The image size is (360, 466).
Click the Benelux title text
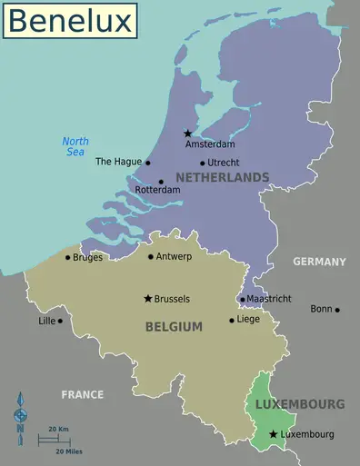coord(69,20)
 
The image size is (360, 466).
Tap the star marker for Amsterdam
coord(188,133)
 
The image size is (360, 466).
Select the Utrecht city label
coord(224,163)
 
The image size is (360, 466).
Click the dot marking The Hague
coord(148,163)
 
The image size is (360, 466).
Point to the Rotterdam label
coord(157,191)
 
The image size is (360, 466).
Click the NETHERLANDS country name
coord(223,176)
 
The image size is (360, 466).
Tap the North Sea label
coord(75,146)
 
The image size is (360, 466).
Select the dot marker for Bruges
coord(67,257)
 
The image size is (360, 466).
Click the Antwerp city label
coord(175,256)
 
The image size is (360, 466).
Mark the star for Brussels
coord(147,298)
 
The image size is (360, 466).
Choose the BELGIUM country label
coord(173,327)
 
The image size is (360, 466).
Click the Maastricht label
coord(269,298)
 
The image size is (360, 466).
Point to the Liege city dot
coord(231,320)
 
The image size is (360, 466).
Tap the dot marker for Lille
coord(60,321)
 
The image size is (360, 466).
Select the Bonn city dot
coord(337,310)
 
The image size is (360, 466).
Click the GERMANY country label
coord(319,262)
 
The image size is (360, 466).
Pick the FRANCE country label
coord(82,394)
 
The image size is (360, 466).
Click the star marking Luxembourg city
coord(273,434)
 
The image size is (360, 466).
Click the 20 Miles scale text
coord(69,451)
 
